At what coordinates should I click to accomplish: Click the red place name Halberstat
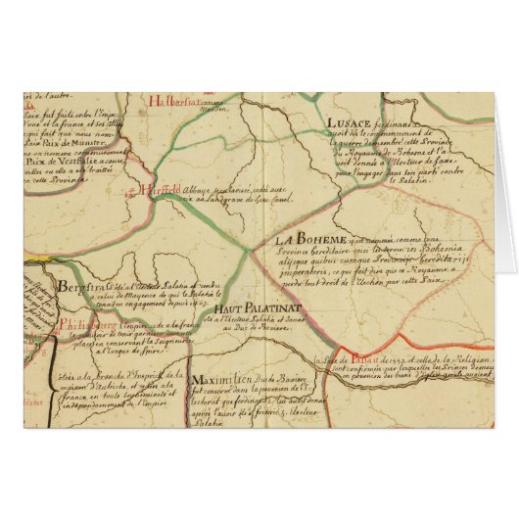pyautogui.click(x=177, y=100)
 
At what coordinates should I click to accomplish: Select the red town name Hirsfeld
pyautogui.click(x=160, y=190)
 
